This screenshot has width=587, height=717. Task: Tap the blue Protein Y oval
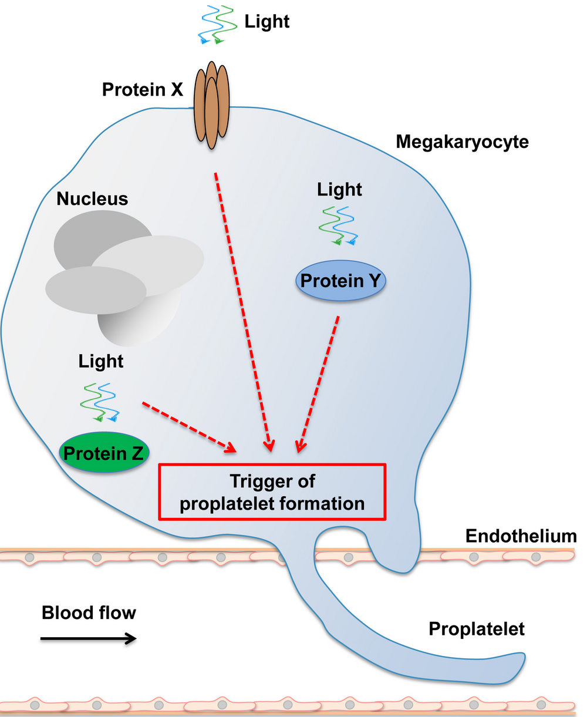pyautogui.click(x=340, y=281)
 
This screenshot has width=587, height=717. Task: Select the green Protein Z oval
pyautogui.click(x=103, y=453)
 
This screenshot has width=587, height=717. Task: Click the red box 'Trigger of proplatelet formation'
pyautogui.click(x=272, y=492)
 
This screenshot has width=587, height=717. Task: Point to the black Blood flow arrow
pyautogui.click(x=89, y=638)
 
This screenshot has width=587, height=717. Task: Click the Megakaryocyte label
pyautogui.click(x=462, y=142)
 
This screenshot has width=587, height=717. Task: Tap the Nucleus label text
pyautogui.click(x=92, y=199)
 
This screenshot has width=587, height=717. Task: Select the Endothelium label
pyautogui.click(x=521, y=536)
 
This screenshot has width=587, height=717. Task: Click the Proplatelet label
pyautogui.click(x=476, y=629)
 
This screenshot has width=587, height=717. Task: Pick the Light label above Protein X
pyautogui.click(x=267, y=22)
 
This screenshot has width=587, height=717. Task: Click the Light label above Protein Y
pyautogui.click(x=340, y=190)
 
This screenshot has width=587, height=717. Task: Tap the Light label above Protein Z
pyautogui.click(x=101, y=361)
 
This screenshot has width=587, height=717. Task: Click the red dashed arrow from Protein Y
pyautogui.click(x=319, y=385)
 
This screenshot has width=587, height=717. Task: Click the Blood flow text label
pyautogui.click(x=89, y=613)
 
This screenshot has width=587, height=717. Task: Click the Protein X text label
pyautogui.click(x=143, y=89)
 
